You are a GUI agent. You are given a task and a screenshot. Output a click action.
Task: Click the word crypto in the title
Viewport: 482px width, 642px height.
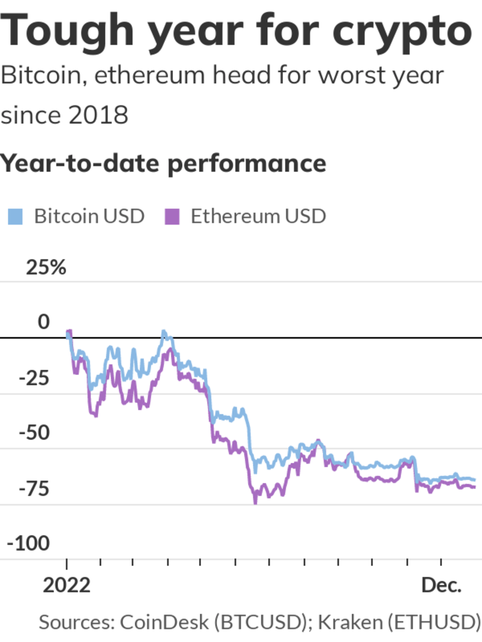tap(402, 32)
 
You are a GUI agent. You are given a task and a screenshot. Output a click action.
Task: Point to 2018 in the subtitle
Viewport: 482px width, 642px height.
tap(98, 115)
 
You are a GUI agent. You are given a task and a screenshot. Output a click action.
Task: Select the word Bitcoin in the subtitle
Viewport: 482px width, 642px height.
tap(41, 75)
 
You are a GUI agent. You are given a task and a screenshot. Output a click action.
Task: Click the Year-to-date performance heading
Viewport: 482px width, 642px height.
tap(163, 164)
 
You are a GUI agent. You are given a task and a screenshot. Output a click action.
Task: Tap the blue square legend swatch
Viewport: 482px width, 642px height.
tap(15, 217)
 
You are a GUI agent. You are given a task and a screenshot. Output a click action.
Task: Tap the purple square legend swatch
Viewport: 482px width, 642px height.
tap(172, 217)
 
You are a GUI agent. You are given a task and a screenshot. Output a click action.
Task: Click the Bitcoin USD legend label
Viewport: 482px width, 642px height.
tap(89, 216)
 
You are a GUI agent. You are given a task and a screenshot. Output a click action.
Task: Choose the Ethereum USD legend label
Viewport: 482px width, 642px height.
tap(258, 216)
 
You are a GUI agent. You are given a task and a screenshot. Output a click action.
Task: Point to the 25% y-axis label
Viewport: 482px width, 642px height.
tap(46, 267)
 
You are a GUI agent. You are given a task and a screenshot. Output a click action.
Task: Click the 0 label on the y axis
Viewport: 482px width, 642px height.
tap(43, 322)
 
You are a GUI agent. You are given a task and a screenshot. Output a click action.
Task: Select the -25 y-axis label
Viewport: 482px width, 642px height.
tap(34, 378)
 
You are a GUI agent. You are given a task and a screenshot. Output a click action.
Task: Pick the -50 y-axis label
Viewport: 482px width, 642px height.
tap(34, 433)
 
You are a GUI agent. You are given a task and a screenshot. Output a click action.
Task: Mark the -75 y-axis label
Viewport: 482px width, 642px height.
tap(34, 489)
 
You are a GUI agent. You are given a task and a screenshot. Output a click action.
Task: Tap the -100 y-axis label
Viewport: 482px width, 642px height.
tap(28, 543)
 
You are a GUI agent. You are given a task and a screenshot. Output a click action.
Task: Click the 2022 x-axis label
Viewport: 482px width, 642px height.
tap(66, 585)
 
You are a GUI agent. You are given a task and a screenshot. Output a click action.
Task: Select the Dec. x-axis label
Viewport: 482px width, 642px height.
tap(441, 585)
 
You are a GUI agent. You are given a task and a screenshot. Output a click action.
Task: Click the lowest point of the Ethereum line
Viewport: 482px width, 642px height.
tap(255, 502)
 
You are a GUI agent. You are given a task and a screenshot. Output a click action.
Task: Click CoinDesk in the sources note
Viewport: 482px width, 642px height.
tap(164, 622)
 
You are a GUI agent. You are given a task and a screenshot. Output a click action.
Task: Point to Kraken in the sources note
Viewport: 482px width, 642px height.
tap(350, 622)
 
